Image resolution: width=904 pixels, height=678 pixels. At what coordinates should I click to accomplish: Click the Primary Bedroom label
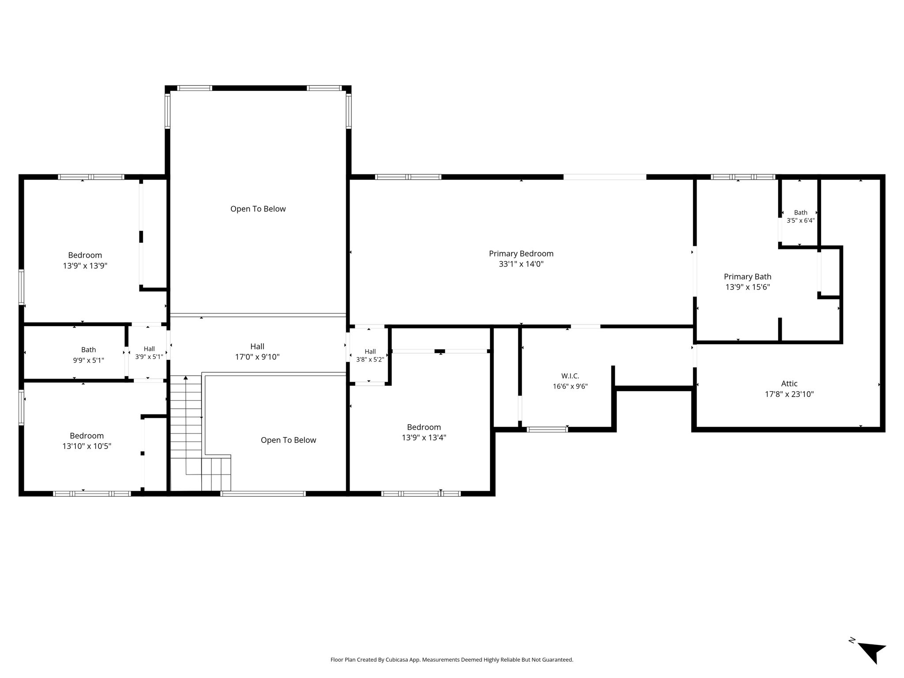point(521,253)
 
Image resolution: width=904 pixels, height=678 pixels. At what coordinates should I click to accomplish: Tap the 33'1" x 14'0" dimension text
point(521,264)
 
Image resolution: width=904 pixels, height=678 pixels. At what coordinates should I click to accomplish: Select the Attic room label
point(789,384)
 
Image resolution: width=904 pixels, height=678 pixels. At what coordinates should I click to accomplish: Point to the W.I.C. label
point(570,376)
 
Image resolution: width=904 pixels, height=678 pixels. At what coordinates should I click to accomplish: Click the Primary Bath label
point(748,277)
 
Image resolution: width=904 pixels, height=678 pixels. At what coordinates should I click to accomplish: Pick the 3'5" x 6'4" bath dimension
point(800,221)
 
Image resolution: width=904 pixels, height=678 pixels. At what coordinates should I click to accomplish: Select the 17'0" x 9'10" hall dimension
point(257,357)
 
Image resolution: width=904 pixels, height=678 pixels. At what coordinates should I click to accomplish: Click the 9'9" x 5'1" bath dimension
point(89,360)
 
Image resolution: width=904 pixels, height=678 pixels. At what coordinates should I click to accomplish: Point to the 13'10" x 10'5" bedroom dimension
point(87,446)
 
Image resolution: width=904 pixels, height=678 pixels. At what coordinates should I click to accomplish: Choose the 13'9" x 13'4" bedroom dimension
point(424,437)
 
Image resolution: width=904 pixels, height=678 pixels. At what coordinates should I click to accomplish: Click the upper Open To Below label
point(258,209)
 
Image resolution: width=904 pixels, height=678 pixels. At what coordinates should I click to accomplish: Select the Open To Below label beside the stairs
point(288,440)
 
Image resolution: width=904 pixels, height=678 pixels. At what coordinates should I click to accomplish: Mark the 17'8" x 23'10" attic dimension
point(789,394)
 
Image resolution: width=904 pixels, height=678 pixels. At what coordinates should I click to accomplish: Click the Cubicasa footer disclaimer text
point(452,660)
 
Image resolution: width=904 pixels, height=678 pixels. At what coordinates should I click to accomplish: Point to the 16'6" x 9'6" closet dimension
point(570,386)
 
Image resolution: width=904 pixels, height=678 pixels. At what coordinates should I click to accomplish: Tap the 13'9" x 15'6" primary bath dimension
point(748,287)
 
